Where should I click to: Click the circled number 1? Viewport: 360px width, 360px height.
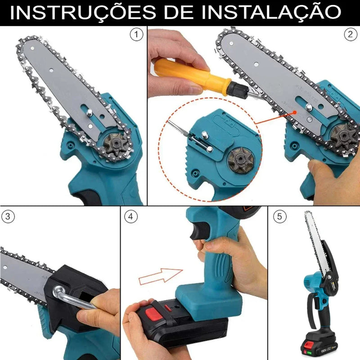tap(135, 34)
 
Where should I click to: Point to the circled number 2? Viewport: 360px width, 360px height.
tap(349, 34)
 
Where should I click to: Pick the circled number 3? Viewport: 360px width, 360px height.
tap(8, 216)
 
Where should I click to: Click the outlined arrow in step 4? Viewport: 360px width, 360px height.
tap(160, 275)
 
